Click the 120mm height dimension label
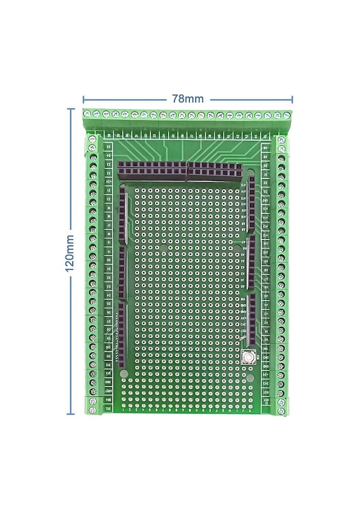click(70, 253)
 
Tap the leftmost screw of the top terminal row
click(87, 114)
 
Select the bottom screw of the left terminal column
click(93, 410)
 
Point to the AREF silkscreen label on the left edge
click(109, 390)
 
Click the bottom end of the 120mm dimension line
click(71, 413)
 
